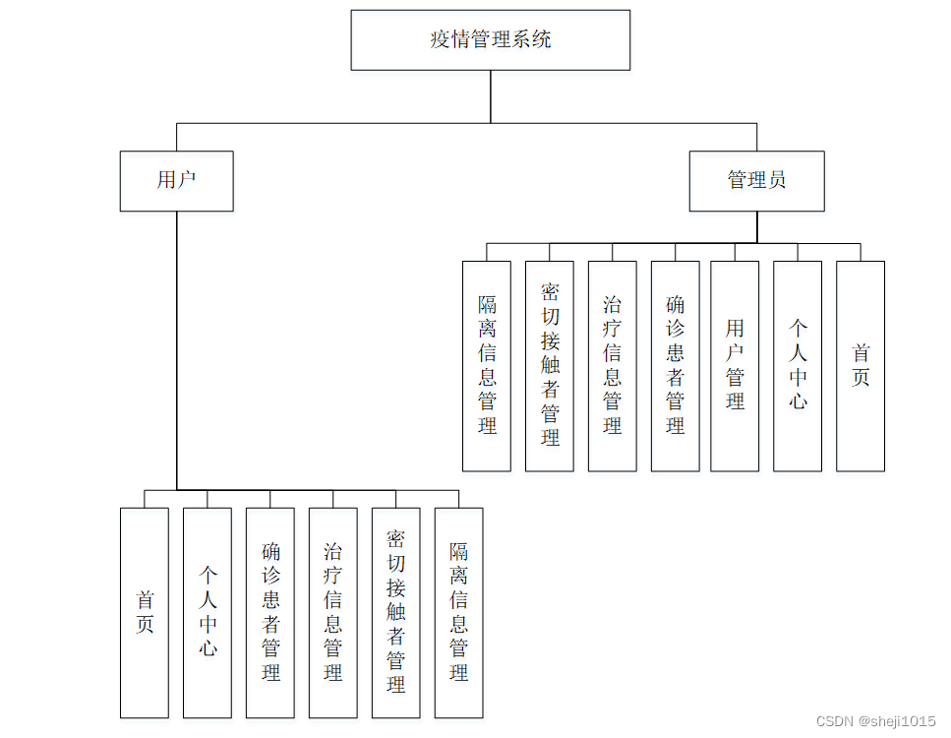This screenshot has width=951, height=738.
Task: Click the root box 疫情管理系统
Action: (490, 40)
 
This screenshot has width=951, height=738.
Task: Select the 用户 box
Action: (176, 181)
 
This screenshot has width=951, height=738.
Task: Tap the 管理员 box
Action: (757, 181)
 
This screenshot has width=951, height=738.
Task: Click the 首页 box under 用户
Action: (145, 613)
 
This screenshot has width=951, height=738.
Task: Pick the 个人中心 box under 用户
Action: (208, 613)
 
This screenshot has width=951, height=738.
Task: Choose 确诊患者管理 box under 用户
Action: (270, 613)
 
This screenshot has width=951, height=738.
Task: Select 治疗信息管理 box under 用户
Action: (333, 613)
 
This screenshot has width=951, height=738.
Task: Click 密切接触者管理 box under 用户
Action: (396, 613)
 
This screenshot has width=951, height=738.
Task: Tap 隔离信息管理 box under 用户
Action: (459, 613)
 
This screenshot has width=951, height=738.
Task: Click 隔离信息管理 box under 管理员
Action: (487, 366)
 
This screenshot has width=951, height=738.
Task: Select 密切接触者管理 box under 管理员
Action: (550, 366)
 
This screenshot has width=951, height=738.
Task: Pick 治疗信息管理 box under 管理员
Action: (613, 366)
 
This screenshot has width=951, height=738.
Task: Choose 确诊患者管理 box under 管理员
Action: (675, 366)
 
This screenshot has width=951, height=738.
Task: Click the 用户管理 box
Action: (735, 366)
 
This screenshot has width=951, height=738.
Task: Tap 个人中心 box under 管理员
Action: (798, 366)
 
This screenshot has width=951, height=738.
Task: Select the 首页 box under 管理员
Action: (861, 366)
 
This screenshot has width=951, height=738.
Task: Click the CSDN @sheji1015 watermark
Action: (875, 721)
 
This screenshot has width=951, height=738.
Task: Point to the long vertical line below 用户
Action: (176, 350)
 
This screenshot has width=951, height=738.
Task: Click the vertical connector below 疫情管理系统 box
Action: (490, 96)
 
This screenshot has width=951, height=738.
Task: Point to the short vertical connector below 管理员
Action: (757, 227)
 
